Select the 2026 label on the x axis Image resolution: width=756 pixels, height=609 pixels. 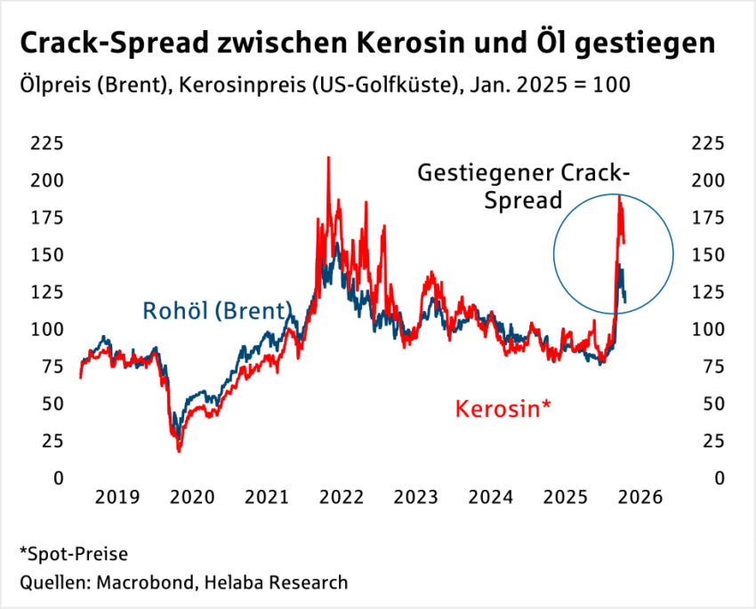(x=641, y=499)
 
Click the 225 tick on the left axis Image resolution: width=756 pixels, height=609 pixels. (x=47, y=143)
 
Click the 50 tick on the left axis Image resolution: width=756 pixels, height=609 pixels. (x=52, y=403)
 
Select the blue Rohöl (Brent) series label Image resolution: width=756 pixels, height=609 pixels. (x=217, y=311)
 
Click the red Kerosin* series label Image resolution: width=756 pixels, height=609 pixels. (x=503, y=409)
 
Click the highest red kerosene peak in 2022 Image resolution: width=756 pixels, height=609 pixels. (x=329, y=158)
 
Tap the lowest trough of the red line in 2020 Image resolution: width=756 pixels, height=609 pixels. (x=179, y=451)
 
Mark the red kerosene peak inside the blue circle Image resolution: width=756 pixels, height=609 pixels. (x=619, y=196)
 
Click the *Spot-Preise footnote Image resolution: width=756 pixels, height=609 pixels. (x=73, y=555)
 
